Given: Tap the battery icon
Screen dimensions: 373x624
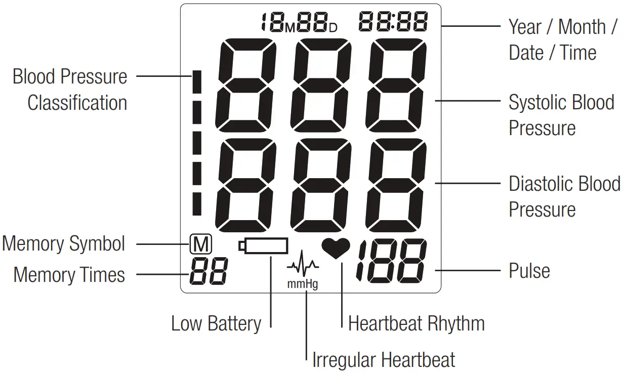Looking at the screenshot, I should (x=263, y=246).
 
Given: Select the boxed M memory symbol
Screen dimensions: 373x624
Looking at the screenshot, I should (x=200, y=245).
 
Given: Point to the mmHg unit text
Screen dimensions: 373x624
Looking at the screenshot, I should (x=303, y=284).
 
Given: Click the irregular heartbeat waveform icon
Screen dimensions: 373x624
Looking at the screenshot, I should (x=303, y=264).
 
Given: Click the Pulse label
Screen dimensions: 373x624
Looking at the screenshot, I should (x=529, y=271).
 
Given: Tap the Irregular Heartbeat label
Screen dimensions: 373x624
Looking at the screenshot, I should (x=384, y=360).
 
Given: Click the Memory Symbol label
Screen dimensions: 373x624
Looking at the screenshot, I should (x=63, y=243).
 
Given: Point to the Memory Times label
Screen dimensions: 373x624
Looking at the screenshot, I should (x=69, y=275).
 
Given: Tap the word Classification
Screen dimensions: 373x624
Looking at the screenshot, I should (x=77, y=103).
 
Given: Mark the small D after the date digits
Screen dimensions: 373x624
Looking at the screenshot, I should (x=333, y=28).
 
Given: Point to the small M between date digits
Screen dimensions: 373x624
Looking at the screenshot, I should (x=289, y=28).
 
